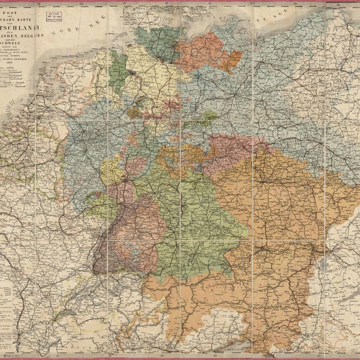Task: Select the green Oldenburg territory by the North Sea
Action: pyautogui.click(x=118, y=72)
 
